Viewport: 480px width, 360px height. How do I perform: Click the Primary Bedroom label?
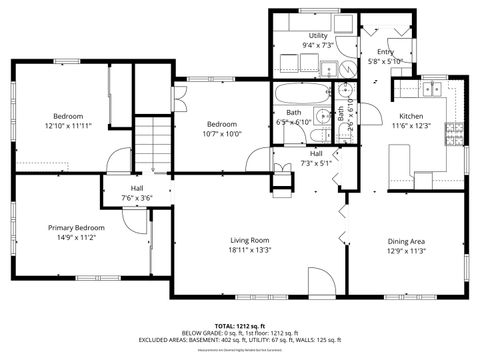click(76, 227)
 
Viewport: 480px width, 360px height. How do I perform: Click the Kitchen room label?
click(412, 116)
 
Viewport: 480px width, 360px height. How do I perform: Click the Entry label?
click(385, 51)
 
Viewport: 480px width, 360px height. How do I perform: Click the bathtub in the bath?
click(301, 97)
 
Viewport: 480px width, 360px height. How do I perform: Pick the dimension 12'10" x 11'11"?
click(68, 126)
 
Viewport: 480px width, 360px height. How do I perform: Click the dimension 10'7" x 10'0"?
click(221, 133)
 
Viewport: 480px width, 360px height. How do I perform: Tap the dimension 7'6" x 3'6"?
click(137, 198)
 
